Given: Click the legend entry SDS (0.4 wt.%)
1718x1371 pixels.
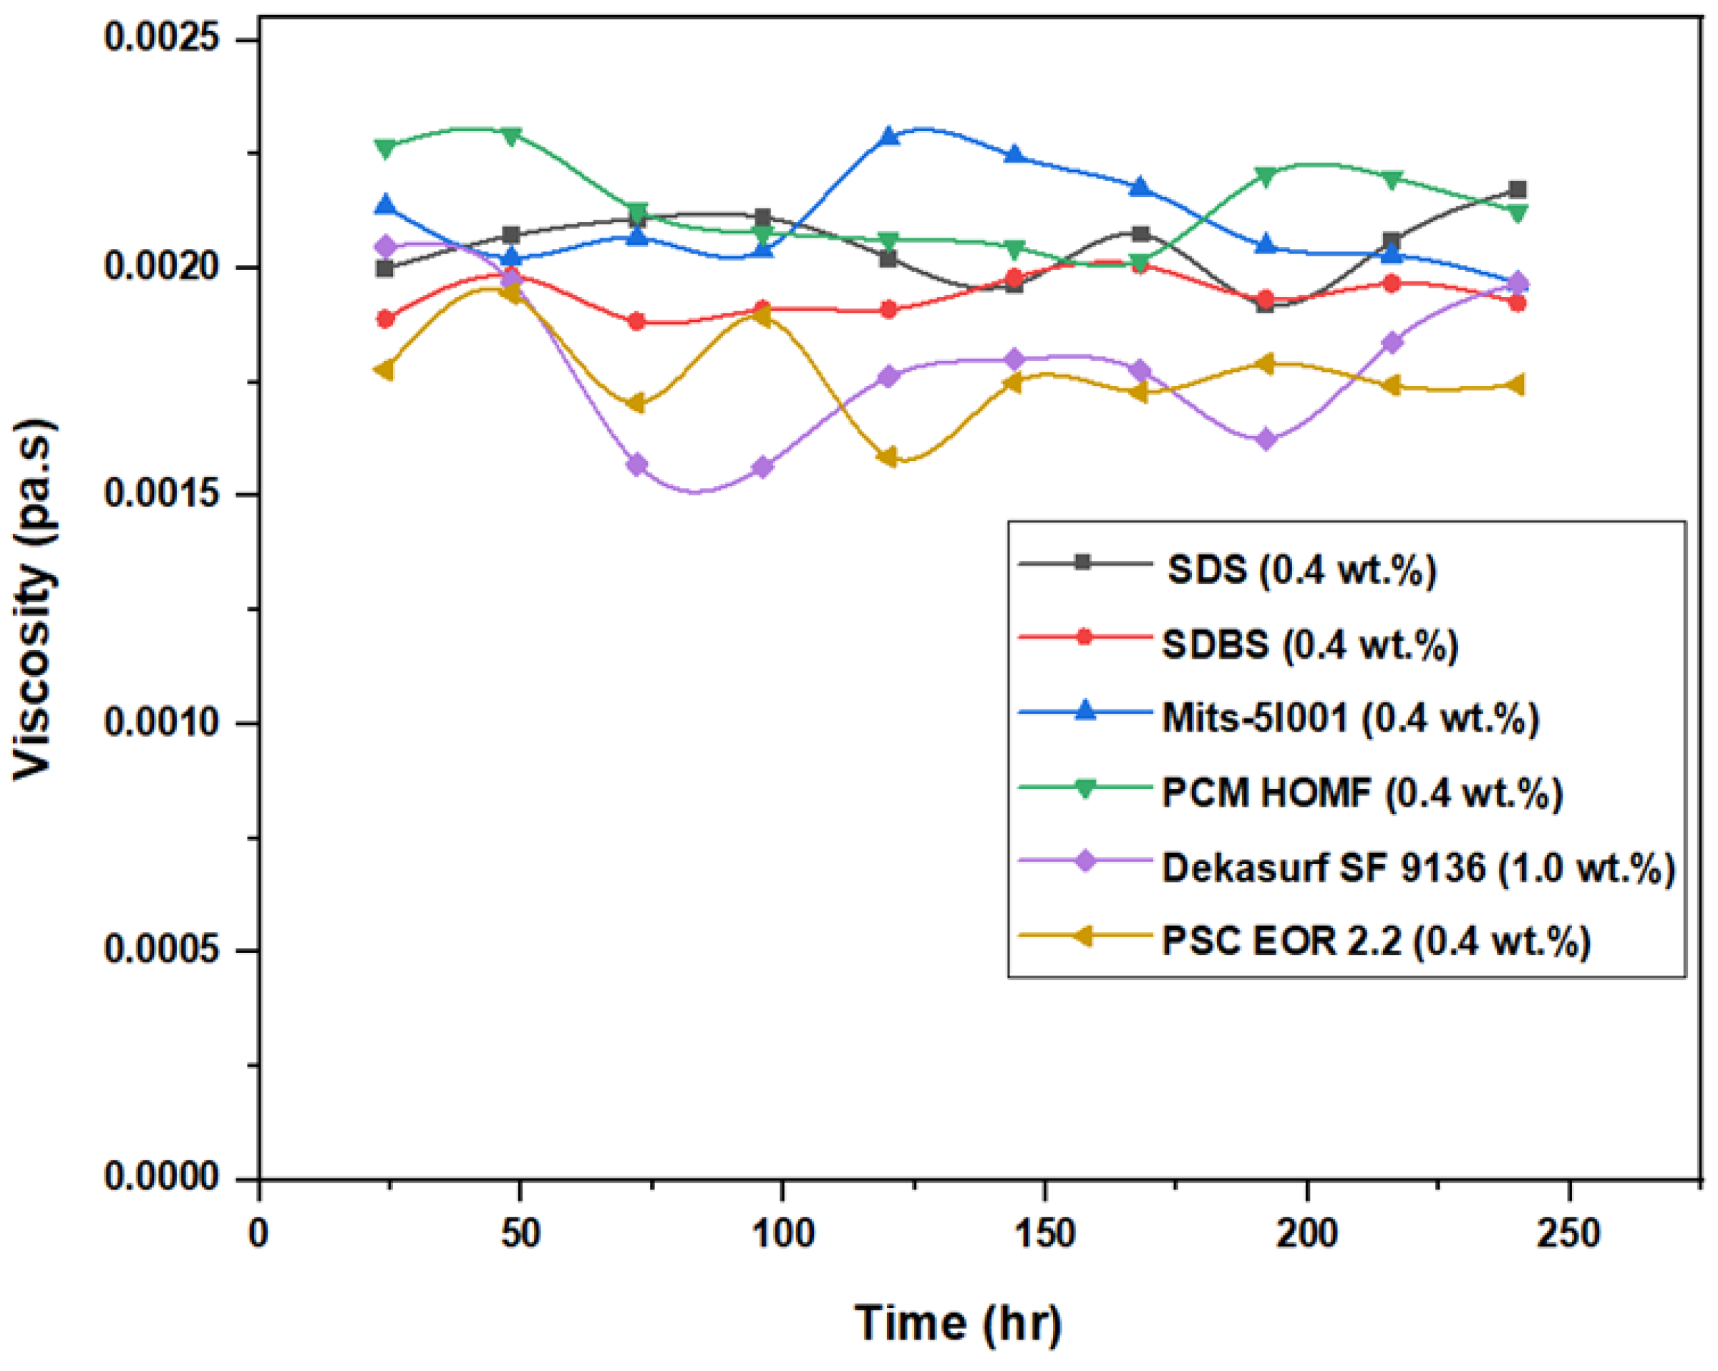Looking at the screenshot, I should click(1301, 570).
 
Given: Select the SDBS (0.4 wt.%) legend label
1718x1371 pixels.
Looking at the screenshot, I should click(1309, 644).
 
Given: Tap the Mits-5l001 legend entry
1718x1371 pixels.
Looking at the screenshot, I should click(1350, 717).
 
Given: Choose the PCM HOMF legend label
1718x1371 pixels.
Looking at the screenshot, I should click(1362, 793).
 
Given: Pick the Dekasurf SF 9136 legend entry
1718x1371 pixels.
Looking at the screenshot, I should click(1417, 867).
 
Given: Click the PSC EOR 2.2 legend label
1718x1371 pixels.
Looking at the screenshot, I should click(1375, 941).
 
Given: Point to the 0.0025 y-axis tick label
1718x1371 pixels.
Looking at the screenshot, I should click(172, 37).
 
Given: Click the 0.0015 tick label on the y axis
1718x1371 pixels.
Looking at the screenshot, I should click(172, 494).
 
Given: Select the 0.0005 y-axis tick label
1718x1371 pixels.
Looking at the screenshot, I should click(172, 950).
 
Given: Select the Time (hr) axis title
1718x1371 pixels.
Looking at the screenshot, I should click(958, 1323).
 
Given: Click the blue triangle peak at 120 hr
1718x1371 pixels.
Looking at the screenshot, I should click(888, 135).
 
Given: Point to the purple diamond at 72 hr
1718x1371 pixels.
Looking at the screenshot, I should click(636, 465).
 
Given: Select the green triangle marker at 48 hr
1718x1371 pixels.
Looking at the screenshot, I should click(512, 135).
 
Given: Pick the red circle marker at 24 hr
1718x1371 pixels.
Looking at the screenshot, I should click(386, 319).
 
